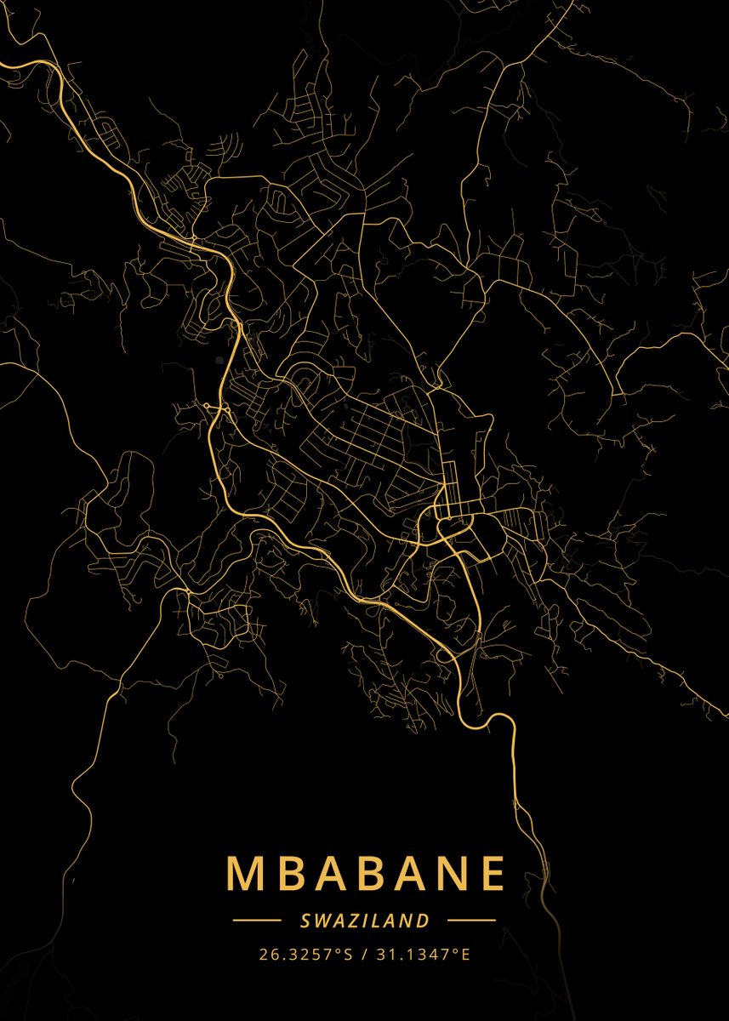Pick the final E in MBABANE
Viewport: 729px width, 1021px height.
point(492,874)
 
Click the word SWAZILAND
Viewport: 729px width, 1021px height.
point(364,920)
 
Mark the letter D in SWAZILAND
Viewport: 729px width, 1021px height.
point(423,920)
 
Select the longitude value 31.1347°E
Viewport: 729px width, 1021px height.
point(423,954)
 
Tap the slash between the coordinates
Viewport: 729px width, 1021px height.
point(364,954)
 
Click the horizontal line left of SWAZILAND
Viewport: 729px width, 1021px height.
point(257,920)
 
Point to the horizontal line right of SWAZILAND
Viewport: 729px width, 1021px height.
point(471,920)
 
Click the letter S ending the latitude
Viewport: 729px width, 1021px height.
point(347,954)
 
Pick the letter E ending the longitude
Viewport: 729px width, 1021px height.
point(465,954)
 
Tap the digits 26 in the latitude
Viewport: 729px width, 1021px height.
point(267,954)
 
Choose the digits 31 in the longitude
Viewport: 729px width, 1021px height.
point(384,954)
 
